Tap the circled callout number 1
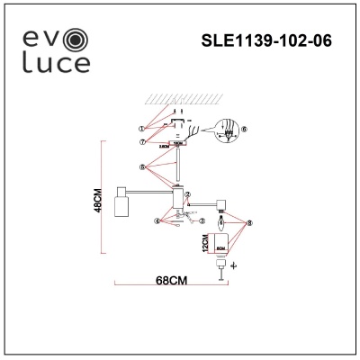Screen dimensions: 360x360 (x=141, y=128)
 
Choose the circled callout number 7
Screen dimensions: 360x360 (x=142, y=141)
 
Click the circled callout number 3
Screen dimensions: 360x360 (x=203, y=220)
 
